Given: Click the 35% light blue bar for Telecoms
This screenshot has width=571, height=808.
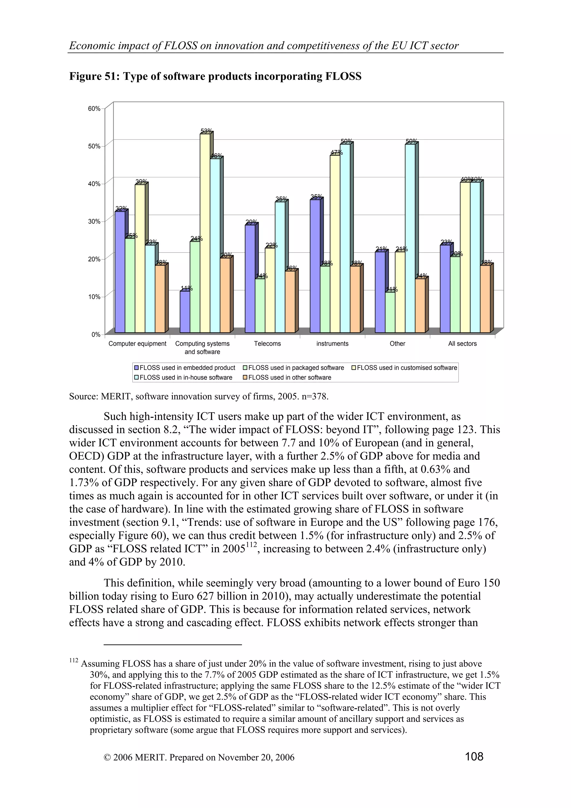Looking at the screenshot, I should pyautogui.click(x=280, y=267).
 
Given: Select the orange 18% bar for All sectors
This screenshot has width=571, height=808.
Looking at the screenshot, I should pyautogui.click(x=485, y=299).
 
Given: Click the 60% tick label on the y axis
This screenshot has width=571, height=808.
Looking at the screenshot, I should pyautogui.click(x=94, y=109).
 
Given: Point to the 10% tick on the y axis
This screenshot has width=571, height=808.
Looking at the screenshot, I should pyautogui.click(x=94, y=297).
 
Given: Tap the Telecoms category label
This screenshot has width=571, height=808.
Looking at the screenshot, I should pyautogui.click(x=267, y=343).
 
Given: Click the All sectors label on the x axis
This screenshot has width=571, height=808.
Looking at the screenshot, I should pyautogui.click(x=462, y=343).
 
